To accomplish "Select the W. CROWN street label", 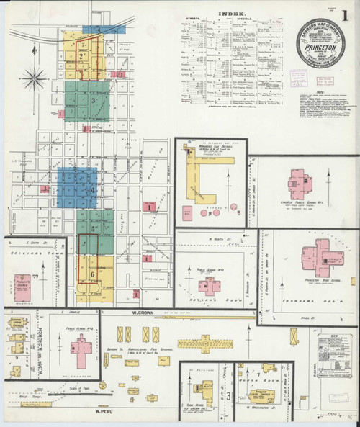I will (x=145, y=314).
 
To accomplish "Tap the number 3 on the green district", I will (x=94, y=101).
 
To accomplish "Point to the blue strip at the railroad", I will (x=104, y=30).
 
